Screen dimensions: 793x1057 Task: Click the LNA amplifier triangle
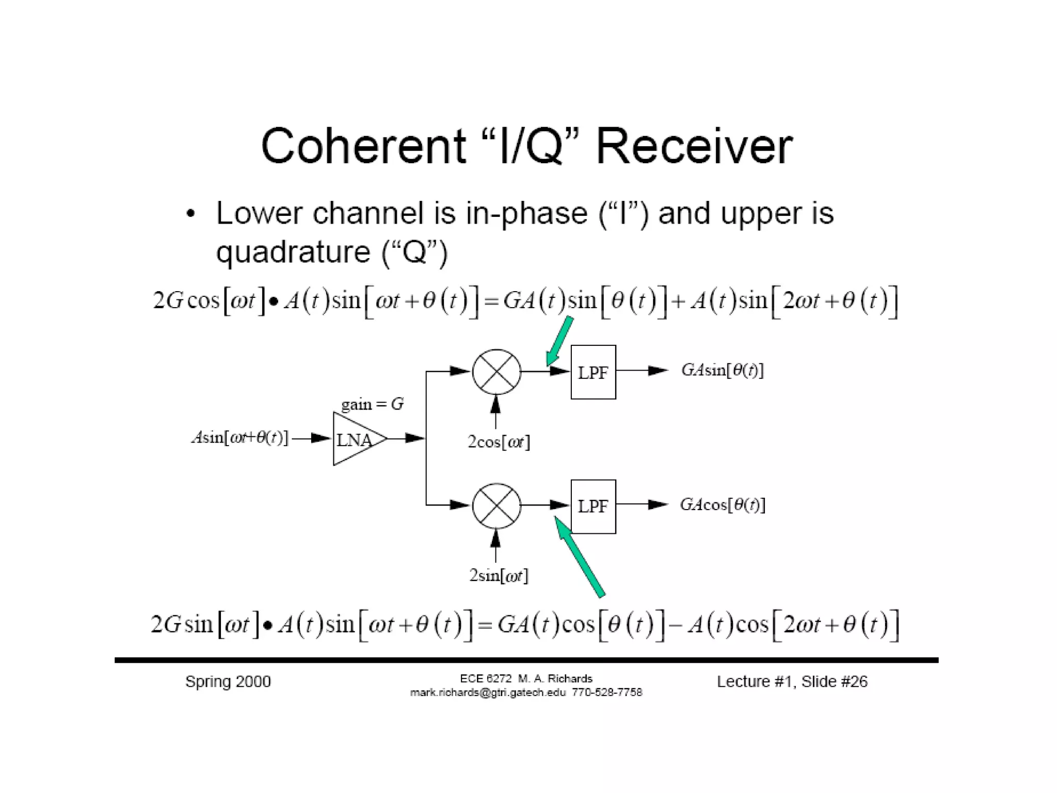(356, 439)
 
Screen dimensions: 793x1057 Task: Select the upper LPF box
(593, 372)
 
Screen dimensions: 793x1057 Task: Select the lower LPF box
(593, 506)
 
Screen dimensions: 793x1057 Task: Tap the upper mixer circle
(496, 372)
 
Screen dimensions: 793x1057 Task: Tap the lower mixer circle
(496, 506)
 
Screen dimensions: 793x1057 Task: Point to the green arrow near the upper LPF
(559, 341)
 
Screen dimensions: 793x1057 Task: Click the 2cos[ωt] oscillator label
(499, 442)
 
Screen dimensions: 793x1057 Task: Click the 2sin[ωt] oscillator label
(499, 575)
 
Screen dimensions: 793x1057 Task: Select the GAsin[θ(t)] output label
(722, 370)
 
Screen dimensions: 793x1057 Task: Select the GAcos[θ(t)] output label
(722, 504)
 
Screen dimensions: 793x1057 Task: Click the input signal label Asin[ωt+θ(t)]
(239, 438)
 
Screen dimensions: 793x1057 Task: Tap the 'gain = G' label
(372, 404)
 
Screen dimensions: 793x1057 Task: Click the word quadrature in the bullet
(293, 252)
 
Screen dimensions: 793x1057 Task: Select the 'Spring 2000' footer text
(228, 681)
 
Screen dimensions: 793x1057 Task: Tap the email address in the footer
(488, 693)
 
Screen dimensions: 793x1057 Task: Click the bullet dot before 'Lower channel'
(191, 214)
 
